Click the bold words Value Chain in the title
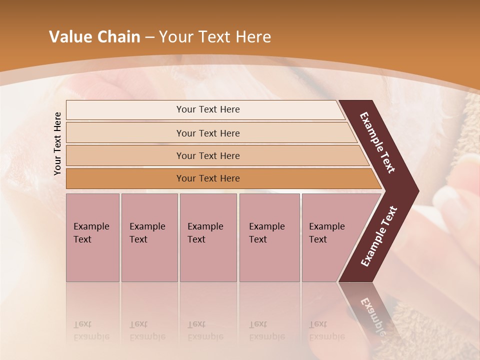point(94,37)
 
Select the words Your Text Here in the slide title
point(215,37)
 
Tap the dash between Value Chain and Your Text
point(149,37)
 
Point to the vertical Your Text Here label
point(57,143)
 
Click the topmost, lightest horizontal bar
point(205,109)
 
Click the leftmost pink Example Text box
point(92,237)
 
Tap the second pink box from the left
point(149,237)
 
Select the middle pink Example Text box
point(208,237)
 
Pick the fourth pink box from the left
point(269,237)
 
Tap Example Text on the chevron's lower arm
point(379,236)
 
